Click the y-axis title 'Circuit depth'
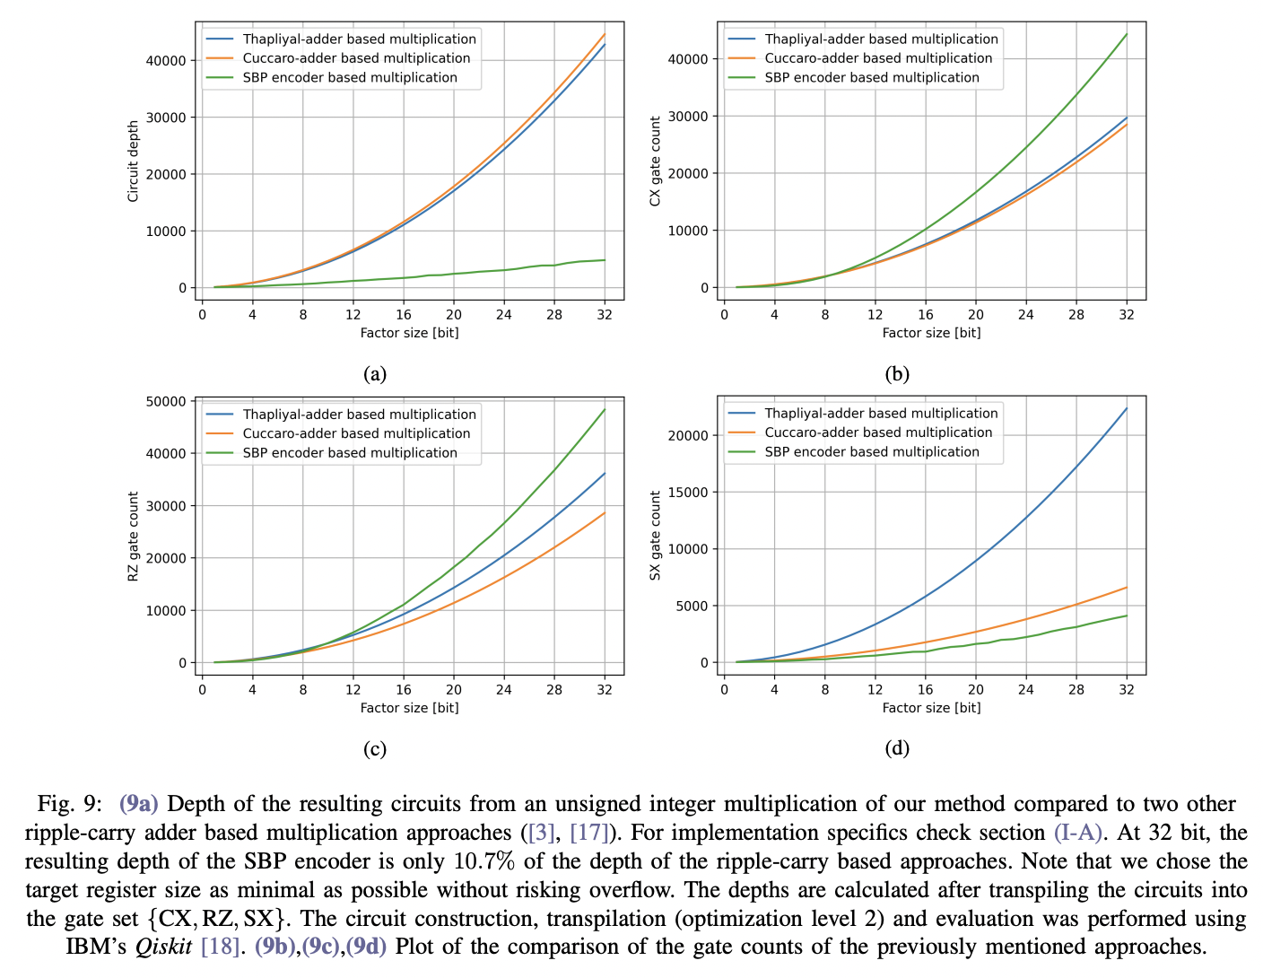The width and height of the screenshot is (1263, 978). coord(133,162)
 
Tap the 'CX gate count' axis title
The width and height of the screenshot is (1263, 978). coord(655,162)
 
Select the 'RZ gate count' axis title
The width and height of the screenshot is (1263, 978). coord(133,537)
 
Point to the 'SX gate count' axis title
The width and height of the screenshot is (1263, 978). coord(655,536)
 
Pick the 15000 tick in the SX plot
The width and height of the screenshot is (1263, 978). coord(688,493)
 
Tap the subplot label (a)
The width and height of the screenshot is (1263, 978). coord(375,374)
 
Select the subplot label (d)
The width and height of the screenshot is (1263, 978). coord(897,748)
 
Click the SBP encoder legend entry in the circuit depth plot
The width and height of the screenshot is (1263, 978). coord(350,77)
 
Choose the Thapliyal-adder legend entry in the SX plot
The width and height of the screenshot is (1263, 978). coord(881,414)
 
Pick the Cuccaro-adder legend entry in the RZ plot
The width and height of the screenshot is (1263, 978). coord(356,433)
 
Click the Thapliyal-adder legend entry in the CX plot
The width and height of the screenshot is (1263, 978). coord(881,39)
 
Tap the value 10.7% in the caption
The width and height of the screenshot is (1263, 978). coord(484,861)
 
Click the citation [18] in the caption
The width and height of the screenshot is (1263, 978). coord(220,947)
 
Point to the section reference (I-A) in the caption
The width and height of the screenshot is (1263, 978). coord(1076,833)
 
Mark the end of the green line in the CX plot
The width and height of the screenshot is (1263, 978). coord(1127,34)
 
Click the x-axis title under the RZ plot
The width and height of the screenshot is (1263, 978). coord(409,708)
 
